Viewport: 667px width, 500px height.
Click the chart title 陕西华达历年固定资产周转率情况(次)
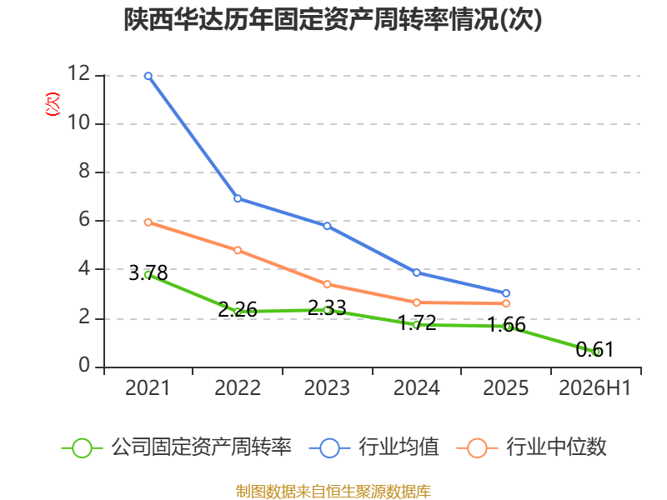click(333, 19)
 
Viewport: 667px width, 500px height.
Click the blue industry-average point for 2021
click(148, 76)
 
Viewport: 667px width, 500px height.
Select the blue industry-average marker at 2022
click(238, 198)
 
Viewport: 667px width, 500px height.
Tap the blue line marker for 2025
click(506, 293)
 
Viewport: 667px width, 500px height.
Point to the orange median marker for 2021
click(148, 222)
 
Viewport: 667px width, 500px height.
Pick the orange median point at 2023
click(327, 284)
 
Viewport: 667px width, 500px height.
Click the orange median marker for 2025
click(506, 303)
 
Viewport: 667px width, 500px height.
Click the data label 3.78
click(148, 273)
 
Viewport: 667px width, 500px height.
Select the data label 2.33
click(327, 307)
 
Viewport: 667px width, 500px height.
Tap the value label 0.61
click(594, 349)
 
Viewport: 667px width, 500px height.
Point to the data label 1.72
click(418, 323)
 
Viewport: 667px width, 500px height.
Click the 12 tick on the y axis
click(79, 73)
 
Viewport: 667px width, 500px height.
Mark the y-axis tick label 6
click(84, 220)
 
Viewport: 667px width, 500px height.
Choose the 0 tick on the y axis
click(84, 365)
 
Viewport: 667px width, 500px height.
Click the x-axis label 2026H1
click(594, 388)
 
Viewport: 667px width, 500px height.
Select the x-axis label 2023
click(327, 388)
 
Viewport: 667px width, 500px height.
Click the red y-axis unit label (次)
click(53, 104)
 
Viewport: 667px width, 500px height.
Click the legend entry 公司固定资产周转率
click(177, 447)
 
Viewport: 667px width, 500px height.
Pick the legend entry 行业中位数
click(532, 447)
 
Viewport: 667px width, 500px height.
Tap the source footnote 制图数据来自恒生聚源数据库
click(333, 492)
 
